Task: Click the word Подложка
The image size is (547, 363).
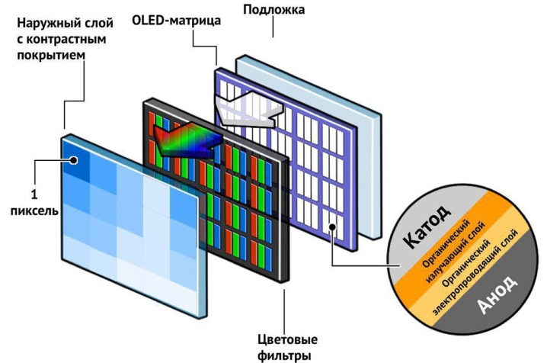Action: pyautogui.click(x=273, y=10)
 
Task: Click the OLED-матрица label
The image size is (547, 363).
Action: pyautogui.click(x=177, y=21)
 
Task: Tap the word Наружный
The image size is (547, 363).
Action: pyautogui.click(x=46, y=24)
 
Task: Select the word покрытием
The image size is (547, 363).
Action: pyautogui.click(x=51, y=55)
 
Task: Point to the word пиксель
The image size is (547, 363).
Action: pyautogui.click(x=34, y=211)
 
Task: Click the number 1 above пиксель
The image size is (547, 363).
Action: pyautogui.click(x=34, y=194)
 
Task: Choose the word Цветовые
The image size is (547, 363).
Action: pyautogui.click(x=288, y=339)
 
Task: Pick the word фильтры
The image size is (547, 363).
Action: pyautogui.click(x=284, y=356)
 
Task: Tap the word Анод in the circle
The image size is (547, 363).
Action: pyautogui.click(x=497, y=294)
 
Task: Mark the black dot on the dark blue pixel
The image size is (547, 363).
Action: pyautogui.click(x=73, y=160)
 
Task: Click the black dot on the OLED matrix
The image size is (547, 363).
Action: pyautogui.click(x=332, y=227)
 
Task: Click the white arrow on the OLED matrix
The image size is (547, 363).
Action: pyautogui.click(x=248, y=108)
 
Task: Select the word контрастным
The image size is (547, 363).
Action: pyautogui.click(x=62, y=39)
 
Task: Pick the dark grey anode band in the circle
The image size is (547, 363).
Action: pyautogui.click(x=499, y=293)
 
